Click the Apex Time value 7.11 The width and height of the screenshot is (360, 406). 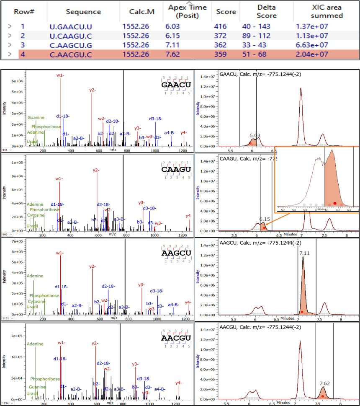[175, 45]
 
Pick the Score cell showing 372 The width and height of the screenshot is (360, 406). [220, 36]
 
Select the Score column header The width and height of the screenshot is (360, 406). [226, 12]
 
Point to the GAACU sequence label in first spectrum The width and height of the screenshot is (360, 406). [176, 85]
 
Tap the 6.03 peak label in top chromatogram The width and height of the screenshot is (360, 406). [255, 135]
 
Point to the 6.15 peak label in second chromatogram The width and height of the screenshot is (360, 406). [265, 219]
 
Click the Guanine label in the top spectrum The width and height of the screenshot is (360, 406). [36, 118]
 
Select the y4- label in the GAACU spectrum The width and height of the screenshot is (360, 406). [183, 132]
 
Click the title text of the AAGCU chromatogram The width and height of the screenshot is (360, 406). [255, 244]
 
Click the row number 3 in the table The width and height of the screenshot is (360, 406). [23, 45]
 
